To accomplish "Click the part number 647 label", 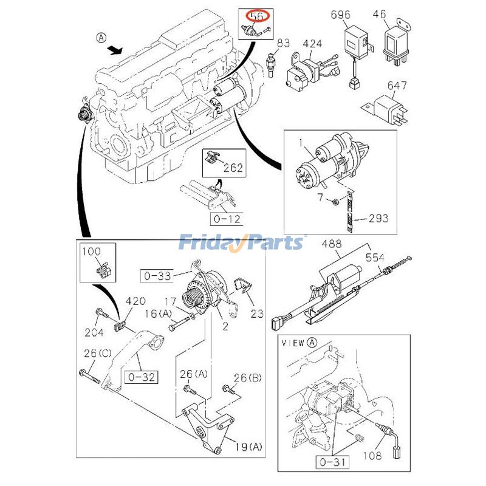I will (x=398, y=86).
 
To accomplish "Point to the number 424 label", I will (x=312, y=44).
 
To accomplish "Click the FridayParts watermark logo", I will (x=242, y=243).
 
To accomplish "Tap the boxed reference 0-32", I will (x=141, y=377).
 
